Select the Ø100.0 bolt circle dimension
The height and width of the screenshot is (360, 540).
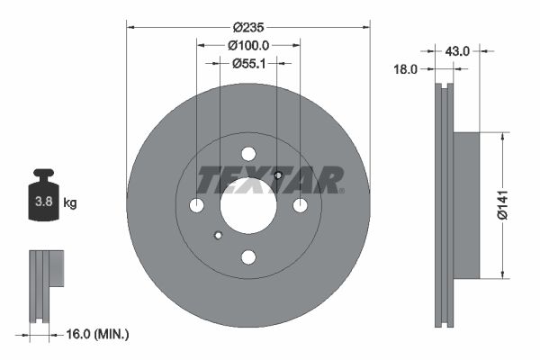tap(248, 44)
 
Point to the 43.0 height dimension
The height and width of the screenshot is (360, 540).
tap(458, 51)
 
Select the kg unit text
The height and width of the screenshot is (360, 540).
tap(70, 203)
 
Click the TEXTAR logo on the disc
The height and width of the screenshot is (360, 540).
tap(270, 181)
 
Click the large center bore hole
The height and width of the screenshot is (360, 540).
tap(248, 205)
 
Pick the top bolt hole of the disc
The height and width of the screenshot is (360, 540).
tap(248, 154)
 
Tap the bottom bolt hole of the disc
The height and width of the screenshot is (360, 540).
tap(248, 257)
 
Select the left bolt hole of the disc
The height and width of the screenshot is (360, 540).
tap(197, 206)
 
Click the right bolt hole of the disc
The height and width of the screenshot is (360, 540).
tap(301, 206)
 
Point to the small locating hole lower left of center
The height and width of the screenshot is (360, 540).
tap(218, 237)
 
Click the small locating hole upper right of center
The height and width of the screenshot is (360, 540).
tap(278, 175)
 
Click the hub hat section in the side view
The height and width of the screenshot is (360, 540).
tap(465, 205)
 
